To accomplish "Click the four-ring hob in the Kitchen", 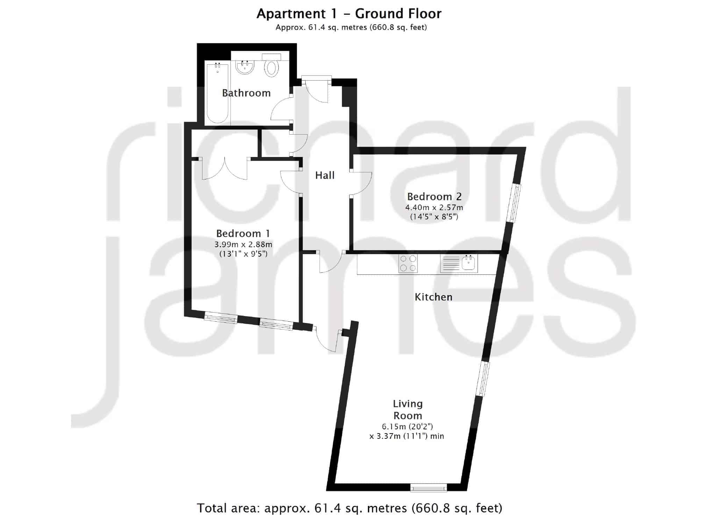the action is click(408, 263).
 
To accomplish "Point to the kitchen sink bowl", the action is click(469, 263).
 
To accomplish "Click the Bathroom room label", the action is click(246, 93).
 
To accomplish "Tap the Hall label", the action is click(325, 175).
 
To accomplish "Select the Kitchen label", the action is click(434, 297).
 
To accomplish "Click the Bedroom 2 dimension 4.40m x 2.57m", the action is click(434, 208).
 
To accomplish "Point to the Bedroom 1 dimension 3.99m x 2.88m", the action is click(243, 244).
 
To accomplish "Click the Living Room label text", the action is click(408, 409).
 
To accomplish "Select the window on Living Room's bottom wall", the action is click(429, 487).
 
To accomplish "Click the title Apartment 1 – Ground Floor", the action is click(349, 14).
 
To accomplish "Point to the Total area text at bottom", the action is click(349, 507).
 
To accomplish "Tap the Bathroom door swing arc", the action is click(281, 108).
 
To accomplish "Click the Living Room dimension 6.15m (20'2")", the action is click(407, 427).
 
